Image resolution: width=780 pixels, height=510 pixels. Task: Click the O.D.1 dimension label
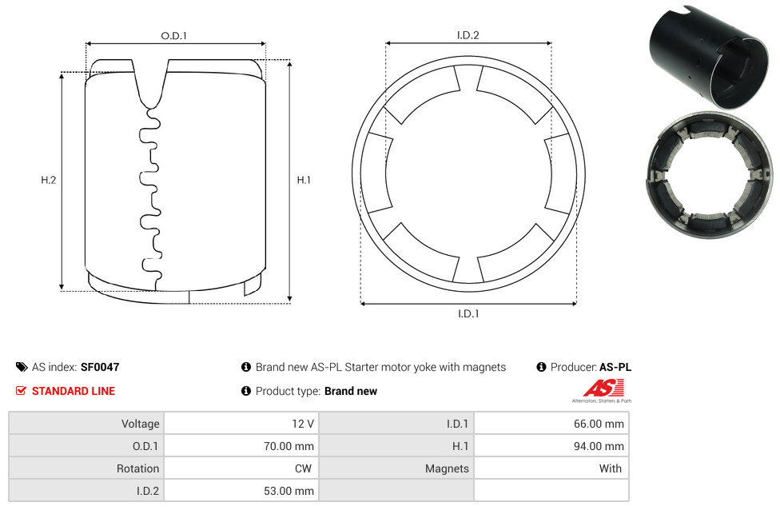[x=173, y=36]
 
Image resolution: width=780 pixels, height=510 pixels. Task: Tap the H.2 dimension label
[x=48, y=180]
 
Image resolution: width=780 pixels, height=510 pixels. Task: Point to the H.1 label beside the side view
[x=304, y=180]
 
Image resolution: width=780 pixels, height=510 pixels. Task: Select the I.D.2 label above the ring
[x=468, y=35]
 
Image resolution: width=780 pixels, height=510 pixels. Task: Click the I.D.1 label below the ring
[x=468, y=314]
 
